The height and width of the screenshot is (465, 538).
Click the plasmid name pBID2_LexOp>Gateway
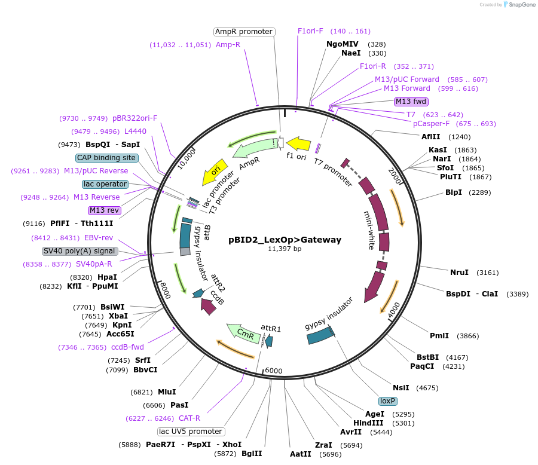pos(285,240)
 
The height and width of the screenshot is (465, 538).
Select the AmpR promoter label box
pos(244,32)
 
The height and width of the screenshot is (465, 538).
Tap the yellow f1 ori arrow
pos(298,144)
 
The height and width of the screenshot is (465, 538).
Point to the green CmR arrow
pos(241,332)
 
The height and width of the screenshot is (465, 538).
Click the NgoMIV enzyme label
pos(342,44)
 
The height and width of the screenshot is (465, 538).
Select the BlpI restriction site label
pos(454,192)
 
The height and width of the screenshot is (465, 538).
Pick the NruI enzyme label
pos(459,273)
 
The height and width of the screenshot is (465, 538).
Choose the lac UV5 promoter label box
pos(191,432)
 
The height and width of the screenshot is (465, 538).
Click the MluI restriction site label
pos(167,392)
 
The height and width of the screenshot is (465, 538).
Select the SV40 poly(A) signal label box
pos(79,251)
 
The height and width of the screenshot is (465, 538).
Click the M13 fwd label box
pos(411,101)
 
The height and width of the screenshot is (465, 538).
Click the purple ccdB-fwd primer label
pos(127,347)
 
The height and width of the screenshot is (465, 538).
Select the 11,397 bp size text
pos(285,249)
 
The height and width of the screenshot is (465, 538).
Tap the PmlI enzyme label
pos(439,336)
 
